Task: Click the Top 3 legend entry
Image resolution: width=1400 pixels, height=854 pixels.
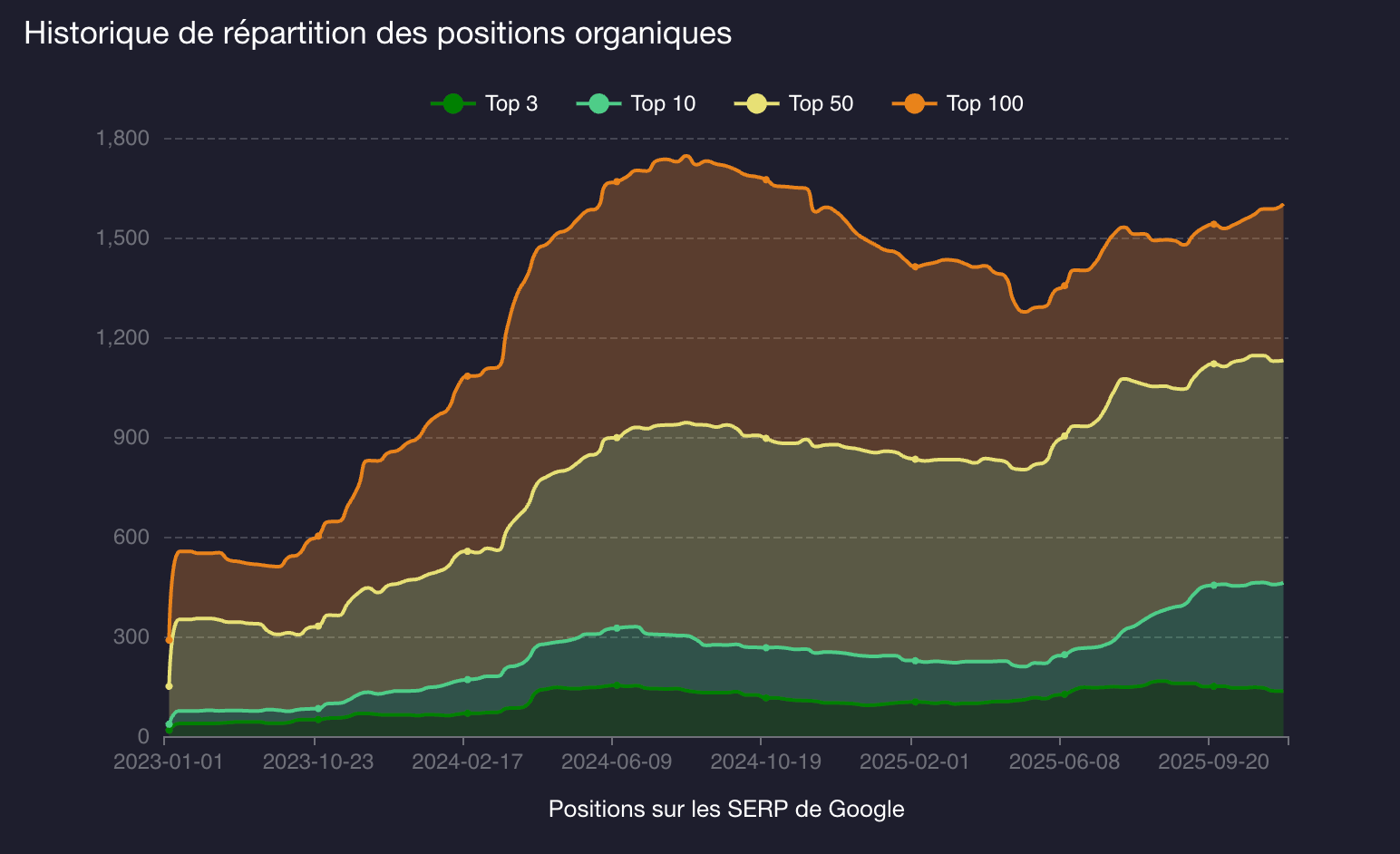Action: tap(485, 103)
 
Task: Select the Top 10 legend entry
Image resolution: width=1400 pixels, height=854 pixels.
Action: tap(637, 103)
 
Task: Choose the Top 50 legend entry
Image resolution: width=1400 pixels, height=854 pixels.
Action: tap(794, 103)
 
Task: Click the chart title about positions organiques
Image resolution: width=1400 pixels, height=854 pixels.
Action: tap(377, 34)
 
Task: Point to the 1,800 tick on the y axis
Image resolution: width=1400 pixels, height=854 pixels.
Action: tap(122, 139)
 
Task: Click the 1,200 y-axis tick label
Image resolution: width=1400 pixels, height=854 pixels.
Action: tap(122, 338)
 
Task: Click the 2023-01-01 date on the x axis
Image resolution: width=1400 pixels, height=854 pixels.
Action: tap(169, 762)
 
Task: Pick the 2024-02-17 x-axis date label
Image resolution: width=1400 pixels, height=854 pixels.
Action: tap(467, 762)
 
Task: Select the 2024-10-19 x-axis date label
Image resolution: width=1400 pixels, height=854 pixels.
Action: tap(765, 762)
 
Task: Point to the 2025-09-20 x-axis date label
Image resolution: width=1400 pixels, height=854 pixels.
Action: tap(1213, 762)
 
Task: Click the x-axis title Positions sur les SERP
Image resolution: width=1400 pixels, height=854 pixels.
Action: tap(726, 809)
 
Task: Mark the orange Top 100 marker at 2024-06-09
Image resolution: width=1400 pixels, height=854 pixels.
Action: tap(617, 181)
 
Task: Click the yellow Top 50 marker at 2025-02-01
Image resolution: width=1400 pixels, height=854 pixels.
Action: tap(916, 460)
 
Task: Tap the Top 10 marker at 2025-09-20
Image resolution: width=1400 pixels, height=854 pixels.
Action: tap(1213, 585)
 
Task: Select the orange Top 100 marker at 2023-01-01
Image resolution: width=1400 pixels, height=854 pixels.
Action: tap(169, 640)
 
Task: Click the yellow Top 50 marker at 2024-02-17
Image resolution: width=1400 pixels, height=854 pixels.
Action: tap(467, 550)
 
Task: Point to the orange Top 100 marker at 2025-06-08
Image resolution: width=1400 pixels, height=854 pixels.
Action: tap(1065, 286)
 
